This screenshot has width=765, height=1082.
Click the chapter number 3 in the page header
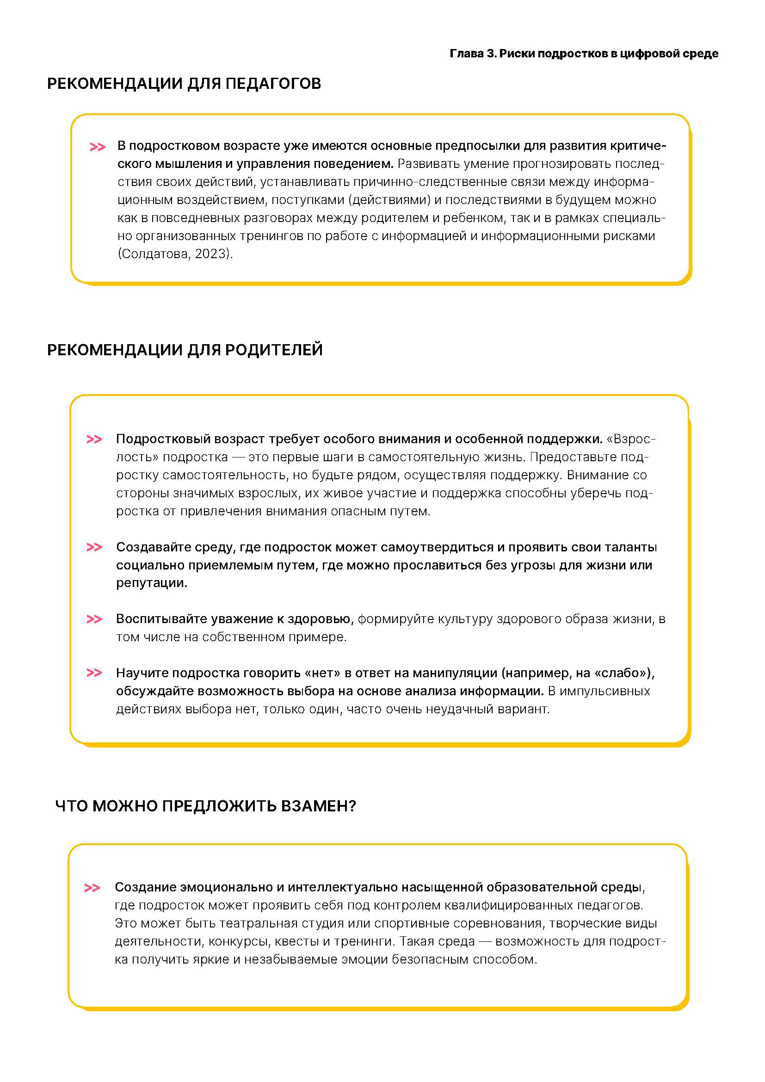pyautogui.click(x=491, y=54)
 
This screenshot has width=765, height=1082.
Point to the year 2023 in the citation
pyautogui.click(x=212, y=254)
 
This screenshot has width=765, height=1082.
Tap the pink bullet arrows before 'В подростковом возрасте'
pyautogui.click(x=97, y=147)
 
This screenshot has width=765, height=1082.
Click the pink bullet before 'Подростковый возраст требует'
pyautogui.click(x=94, y=439)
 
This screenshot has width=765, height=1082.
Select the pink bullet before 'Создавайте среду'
pyautogui.click(x=94, y=548)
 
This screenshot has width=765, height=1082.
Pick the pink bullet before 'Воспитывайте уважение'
pyautogui.click(x=94, y=619)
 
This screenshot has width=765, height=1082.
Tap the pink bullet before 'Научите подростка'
pyautogui.click(x=94, y=673)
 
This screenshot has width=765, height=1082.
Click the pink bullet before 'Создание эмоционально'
pyautogui.click(x=92, y=888)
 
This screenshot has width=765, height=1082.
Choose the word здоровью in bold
pyautogui.click(x=321, y=619)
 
